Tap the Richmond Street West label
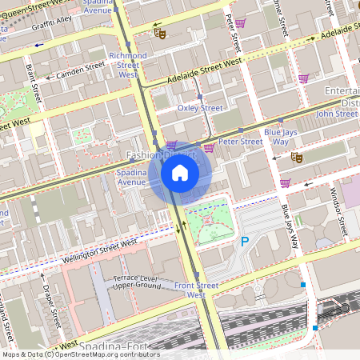(128, 65)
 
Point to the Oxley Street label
(199, 107)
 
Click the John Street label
(336, 114)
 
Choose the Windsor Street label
(340, 212)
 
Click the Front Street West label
(196, 290)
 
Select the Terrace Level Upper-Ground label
(138, 280)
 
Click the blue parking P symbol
(245, 241)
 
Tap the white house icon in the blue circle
(180, 172)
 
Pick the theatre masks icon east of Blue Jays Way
(295, 158)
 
